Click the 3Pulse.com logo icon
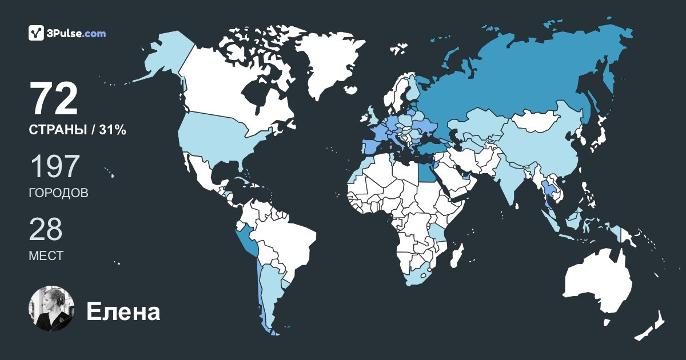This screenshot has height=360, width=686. (x=37, y=33)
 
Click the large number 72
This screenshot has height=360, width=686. (x=54, y=99)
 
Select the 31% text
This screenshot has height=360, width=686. (x=112, y=130)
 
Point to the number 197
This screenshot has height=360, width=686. (x=54, y=167)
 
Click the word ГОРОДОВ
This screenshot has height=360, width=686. (x=58, y=193)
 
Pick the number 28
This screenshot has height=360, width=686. (x=46, y=229)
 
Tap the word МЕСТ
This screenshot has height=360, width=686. (x=46, y=256)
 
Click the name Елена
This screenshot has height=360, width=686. (x=123, y=312)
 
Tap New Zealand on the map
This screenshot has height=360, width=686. (x=652, y=326)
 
